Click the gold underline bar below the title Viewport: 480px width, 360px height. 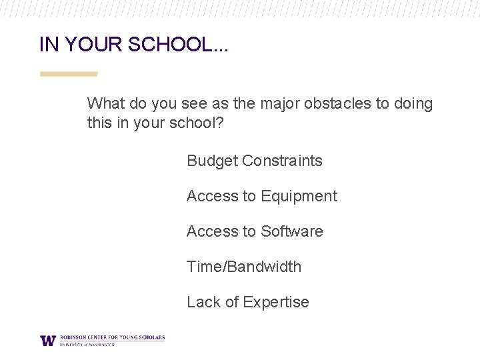pos(69,74)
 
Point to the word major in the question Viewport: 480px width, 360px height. pos(279,104)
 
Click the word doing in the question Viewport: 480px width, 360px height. pos(413,104)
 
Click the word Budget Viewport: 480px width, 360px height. pos(212,161)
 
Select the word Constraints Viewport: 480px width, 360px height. pos(282,161)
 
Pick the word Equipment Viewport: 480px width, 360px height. pos(299,196)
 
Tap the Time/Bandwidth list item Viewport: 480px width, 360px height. pos(244,267)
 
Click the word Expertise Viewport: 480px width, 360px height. pos(276,302)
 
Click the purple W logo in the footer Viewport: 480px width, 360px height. pos(48,340)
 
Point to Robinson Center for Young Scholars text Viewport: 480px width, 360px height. pos(111,338)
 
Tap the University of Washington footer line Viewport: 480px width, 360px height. pos(87,345)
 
